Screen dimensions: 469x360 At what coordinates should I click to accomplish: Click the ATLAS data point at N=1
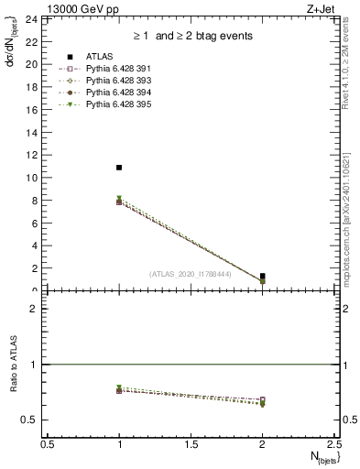(x=119, y=168)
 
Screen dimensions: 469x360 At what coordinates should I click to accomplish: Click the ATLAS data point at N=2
(x=263, y=276)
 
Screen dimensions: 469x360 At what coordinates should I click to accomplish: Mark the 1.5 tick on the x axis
(x=191, y=443)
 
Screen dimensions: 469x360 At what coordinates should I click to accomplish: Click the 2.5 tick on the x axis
(x=334, y=443)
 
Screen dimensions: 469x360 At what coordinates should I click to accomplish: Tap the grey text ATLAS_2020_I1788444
(x=191, y=274)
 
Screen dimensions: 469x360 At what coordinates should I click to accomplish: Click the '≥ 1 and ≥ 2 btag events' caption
(x=191, y=36)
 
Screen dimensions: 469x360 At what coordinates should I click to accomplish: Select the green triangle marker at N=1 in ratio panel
(x=119, y=387)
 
